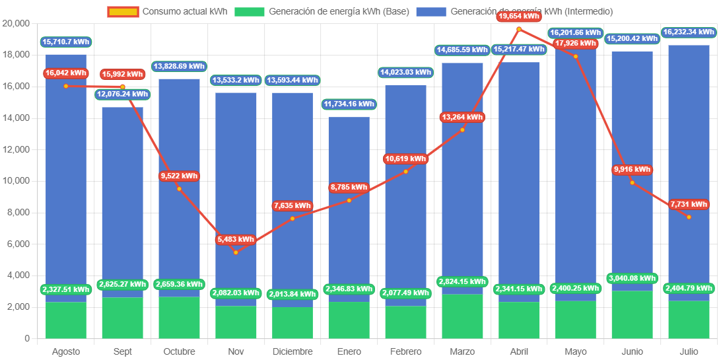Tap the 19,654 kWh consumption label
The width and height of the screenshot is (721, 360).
point(519,15)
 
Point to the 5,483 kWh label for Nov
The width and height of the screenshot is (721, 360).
point(236,239)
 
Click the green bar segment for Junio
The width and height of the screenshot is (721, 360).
point(632,314)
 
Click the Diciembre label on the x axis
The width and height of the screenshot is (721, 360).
point(292,351)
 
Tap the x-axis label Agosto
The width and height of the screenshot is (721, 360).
point(66,351)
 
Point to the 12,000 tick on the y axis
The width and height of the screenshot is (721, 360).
point(17,149)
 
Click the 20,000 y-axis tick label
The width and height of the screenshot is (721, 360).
point(17,23)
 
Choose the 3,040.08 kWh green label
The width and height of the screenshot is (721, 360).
point(632,278)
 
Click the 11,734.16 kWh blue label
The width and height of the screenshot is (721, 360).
point(349,104)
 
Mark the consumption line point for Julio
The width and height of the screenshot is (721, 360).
point(689,217)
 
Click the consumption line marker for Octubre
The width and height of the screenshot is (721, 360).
point(179,189)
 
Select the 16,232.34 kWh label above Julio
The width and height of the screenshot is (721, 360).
point(689,32)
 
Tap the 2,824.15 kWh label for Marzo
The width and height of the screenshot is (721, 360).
point(462,282)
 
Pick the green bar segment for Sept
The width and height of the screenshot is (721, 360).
point(122,318)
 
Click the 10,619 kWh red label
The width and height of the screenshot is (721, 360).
point(405,159)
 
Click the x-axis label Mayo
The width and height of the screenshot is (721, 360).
point(575,351)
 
